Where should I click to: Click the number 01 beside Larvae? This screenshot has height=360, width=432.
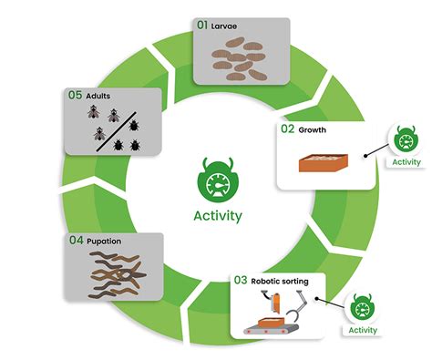tap(203, 26)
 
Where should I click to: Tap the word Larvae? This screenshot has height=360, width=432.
tap(224, 26)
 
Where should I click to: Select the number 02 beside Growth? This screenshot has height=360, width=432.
tap(287, 129)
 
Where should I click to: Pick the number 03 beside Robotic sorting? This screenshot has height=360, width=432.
tap(242, 281)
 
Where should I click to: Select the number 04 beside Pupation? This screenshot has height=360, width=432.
tap(77, 241)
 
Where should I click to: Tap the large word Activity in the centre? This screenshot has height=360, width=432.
tap(217, 216)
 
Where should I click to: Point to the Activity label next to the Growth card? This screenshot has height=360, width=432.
tap(406, 162)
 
